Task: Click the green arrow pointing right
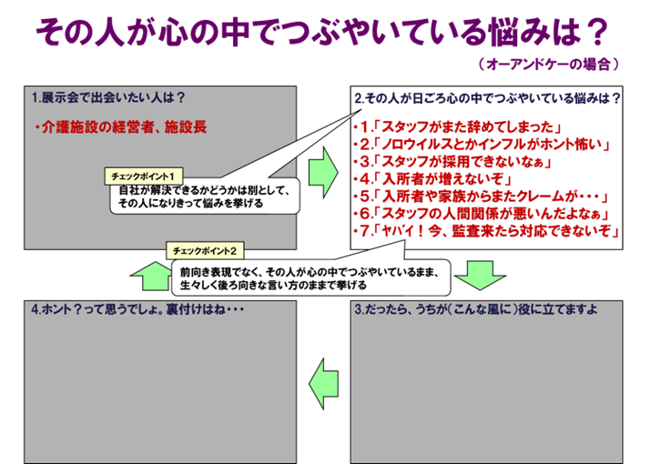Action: [323, 168]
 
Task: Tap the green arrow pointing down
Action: [479, 274]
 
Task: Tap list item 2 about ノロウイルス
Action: [482, 144]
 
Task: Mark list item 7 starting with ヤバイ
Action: [487, 232]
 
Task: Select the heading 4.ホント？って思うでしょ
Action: [139, 308]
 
